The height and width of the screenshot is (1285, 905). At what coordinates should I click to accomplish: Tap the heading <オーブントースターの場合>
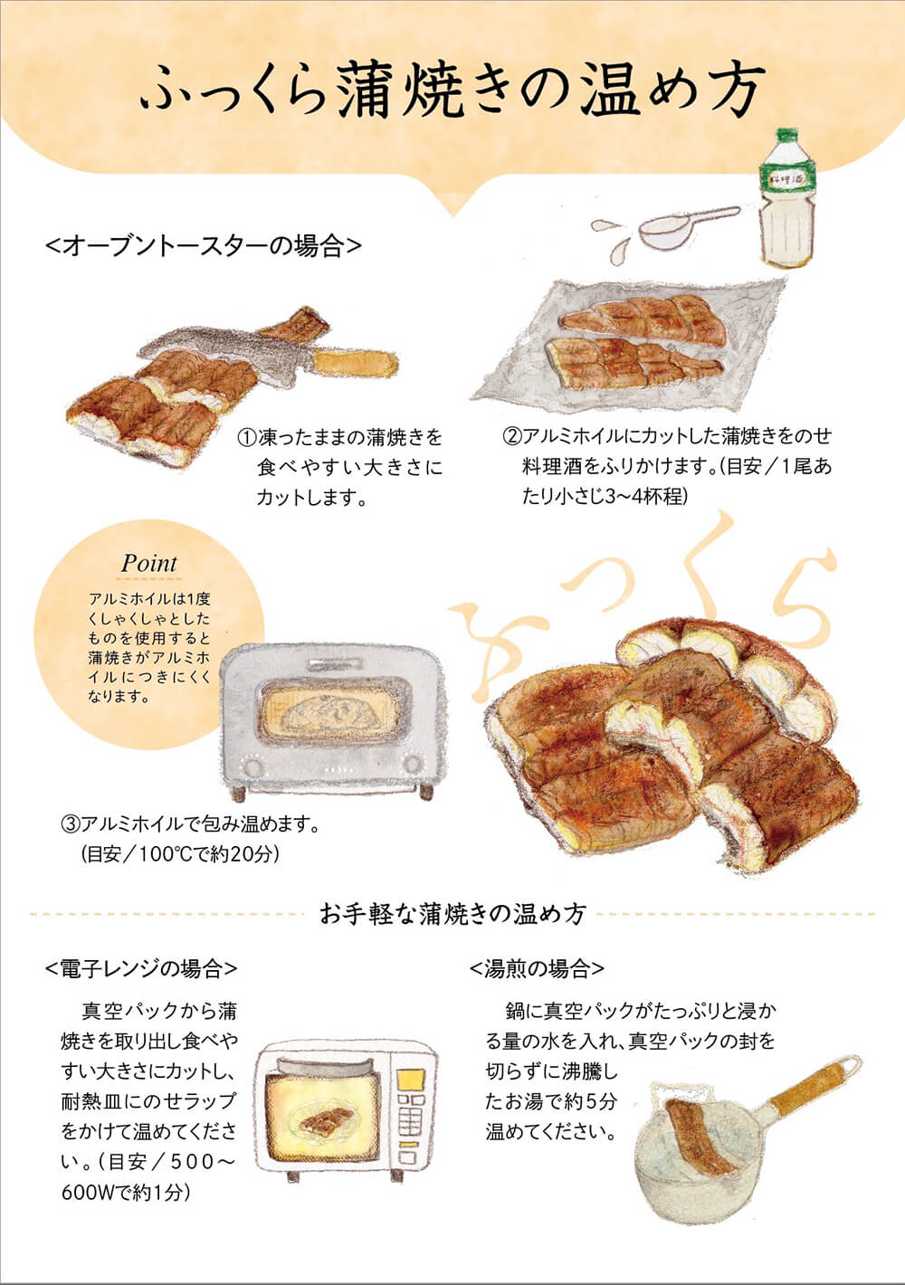point(203,245)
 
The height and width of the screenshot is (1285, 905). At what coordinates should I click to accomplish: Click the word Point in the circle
point(149,563)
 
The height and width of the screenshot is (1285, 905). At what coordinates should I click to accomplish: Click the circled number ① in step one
point(247,438)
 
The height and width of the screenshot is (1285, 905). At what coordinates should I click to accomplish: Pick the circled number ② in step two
point(512,436)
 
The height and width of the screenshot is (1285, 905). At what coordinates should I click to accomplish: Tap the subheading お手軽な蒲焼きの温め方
point(452,914)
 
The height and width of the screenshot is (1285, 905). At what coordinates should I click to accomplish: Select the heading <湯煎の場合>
point(537,969)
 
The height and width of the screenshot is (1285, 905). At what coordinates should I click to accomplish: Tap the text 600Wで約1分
point(126,1193)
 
